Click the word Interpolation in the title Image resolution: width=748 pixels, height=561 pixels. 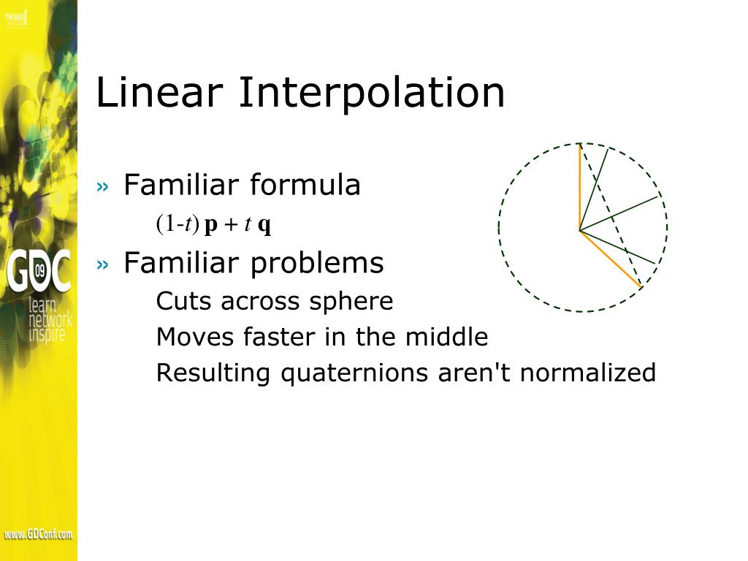372,93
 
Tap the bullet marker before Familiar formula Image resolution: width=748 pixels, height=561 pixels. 102,187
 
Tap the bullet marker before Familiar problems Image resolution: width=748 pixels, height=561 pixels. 102,264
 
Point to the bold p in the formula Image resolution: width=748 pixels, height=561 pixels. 211,226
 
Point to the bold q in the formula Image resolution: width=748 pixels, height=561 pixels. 264,226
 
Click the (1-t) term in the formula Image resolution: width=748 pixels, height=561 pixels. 177,224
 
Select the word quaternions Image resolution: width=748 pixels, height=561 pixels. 356,373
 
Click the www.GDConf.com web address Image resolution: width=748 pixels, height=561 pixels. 38,535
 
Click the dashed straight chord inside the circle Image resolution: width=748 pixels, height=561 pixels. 611,215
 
